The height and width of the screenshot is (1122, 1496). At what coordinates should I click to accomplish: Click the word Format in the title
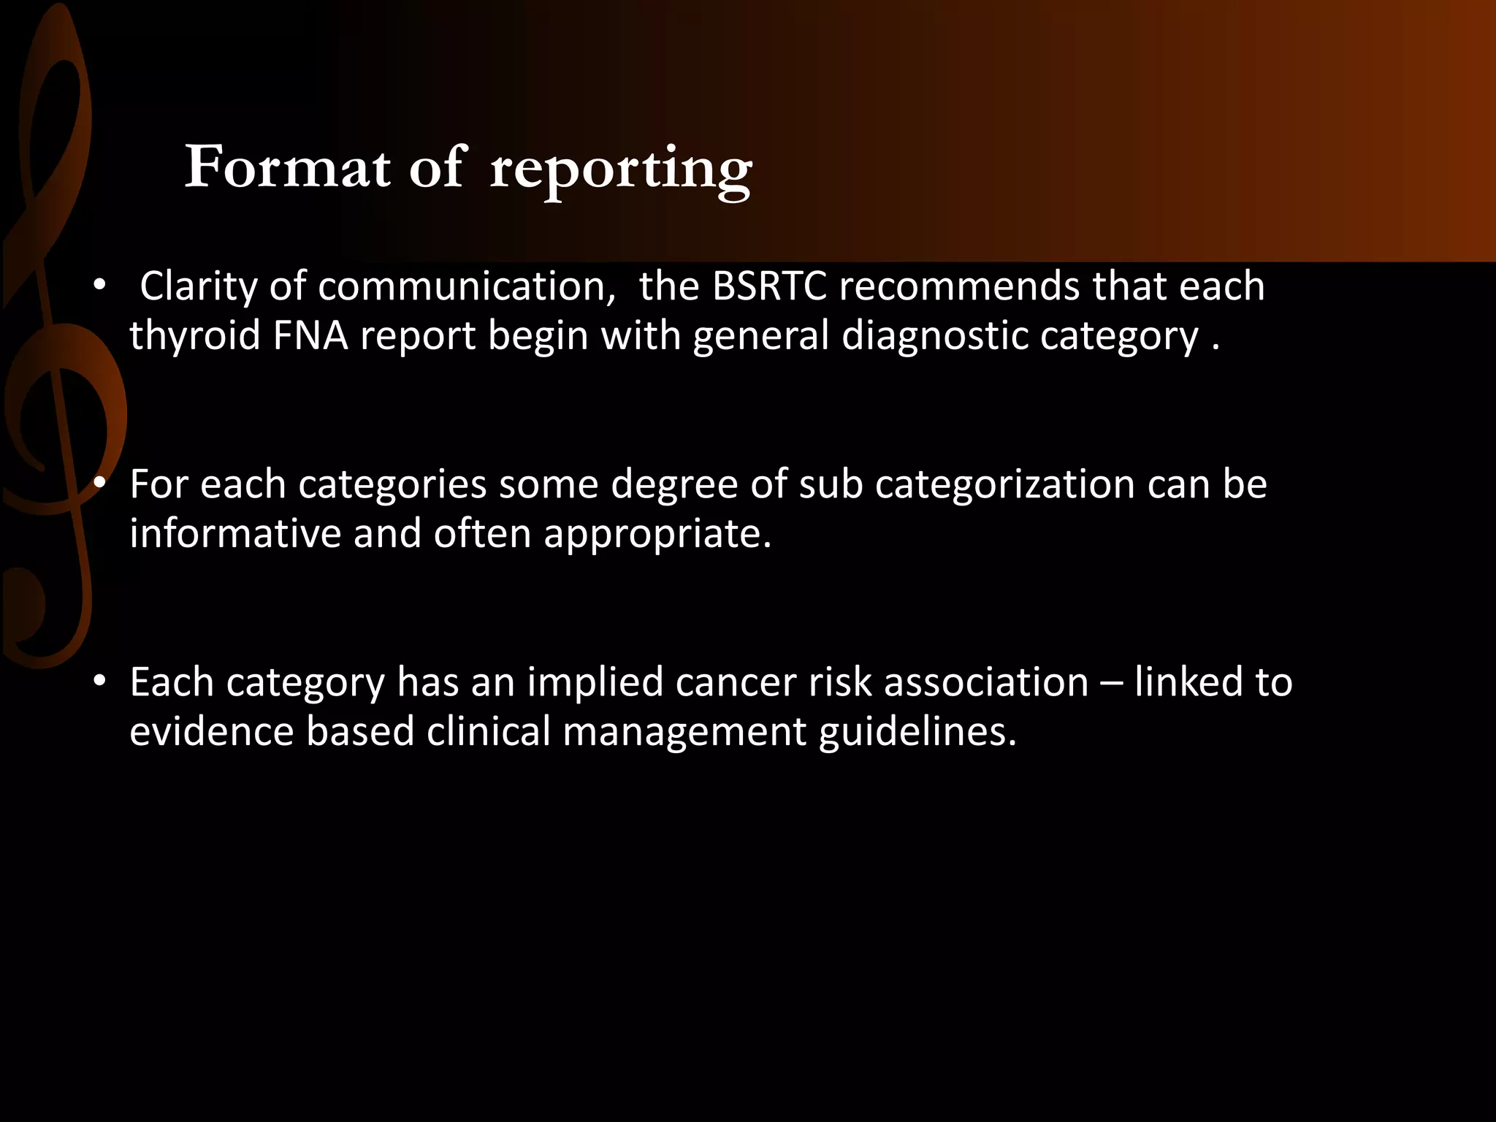[x=287, y=168]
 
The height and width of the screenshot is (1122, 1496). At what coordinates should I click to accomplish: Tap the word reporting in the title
[x=621, y=169]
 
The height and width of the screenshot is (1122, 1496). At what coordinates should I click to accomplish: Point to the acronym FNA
[x=310, y=336]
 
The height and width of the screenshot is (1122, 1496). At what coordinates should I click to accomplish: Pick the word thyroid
[x=195, y=336]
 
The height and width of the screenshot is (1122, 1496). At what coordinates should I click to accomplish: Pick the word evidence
[x=211, y=731]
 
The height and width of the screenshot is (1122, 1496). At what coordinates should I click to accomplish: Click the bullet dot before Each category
[x=100, y=681]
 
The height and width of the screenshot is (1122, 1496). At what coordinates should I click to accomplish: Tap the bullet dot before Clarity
[x=100, y=285]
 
